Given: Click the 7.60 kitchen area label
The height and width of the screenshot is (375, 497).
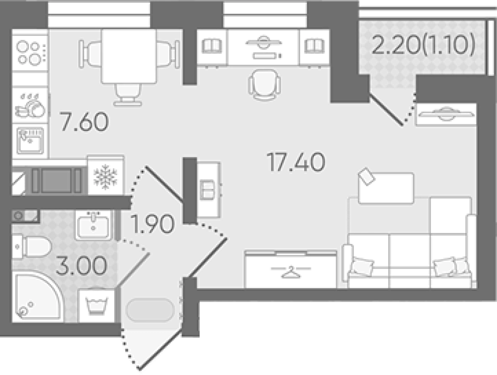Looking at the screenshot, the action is pyautogui.click(x=84, y=121).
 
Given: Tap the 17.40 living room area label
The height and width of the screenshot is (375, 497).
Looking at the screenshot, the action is pyautogui.click(x=296, y=162).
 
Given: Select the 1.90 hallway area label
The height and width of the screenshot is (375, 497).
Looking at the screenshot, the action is pyautogui.click(x=153, y=224).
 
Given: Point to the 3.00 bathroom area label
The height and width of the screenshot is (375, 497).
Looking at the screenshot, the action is pyautogui.click(x=82, y=265).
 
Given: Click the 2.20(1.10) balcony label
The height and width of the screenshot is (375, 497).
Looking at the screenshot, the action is pyautogui.click(x=423, y=45).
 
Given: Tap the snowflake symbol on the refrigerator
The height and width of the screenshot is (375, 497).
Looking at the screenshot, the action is pyautogui.click(x=105, y=177).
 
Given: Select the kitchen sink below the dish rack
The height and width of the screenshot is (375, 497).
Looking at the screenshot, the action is pyautogui.click(x=31, y=140).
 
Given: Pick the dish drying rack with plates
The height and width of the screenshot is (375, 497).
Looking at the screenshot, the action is pyautogui.click(x=30, y=106).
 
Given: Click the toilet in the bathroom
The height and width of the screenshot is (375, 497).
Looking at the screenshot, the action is pyautogui.click(x=32, y=247).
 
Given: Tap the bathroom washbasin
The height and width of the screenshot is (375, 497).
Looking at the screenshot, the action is pyautogui.click(x=93, y=226).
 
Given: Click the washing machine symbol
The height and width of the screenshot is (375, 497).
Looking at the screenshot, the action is pyautogui.click(x=97, y=306).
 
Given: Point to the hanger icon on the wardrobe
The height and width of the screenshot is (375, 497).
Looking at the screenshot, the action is pyautogui.click(x=291, y=272).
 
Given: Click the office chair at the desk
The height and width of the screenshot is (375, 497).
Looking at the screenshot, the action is pyautogui.click(x=264, y=85).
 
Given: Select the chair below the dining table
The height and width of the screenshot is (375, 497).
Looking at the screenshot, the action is pyautogui.click(x=128, y=94).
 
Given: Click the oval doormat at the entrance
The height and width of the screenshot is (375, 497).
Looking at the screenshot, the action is pyautogui.click(x=150, y=310).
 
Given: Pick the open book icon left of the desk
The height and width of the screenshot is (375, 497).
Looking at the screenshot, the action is pyautogui.click(x=212, y=46).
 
